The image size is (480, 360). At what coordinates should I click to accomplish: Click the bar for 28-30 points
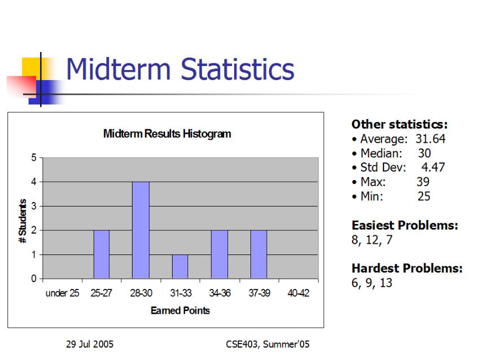coord(141,230)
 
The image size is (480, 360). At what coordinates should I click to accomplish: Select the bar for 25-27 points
coord(102,254)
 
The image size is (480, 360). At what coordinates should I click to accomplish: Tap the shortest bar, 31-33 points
coord(180,266)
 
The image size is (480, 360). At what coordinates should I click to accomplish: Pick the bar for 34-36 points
coord(219,254)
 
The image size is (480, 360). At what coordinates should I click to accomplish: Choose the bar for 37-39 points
coord(259,254)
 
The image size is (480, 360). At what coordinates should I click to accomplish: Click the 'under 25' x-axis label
coord(62,293)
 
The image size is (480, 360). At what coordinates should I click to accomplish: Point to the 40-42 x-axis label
coord(298,293)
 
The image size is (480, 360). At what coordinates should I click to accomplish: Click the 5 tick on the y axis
coord(34,157)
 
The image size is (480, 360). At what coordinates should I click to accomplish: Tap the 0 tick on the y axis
coord(34,279)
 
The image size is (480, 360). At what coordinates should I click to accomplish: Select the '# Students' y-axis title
coord(23,221)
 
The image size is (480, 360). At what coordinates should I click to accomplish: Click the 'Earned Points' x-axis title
coord(180,310)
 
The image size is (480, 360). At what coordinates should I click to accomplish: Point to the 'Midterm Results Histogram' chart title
coord(167,134)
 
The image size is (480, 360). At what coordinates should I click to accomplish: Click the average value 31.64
coord(430,139)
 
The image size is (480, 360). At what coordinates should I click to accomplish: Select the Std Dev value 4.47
coord(433,168)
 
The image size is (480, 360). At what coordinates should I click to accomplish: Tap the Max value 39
coord(423,182)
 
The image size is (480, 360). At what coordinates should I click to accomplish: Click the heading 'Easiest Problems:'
coord(404,225)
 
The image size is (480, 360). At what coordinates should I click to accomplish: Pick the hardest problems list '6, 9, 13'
coord(372,283)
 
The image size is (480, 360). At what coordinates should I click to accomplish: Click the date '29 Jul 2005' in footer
coord(90,344)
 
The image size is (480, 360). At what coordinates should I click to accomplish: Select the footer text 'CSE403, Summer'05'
coord(267,344)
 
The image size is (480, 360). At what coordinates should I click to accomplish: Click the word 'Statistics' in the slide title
coord(237,69)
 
